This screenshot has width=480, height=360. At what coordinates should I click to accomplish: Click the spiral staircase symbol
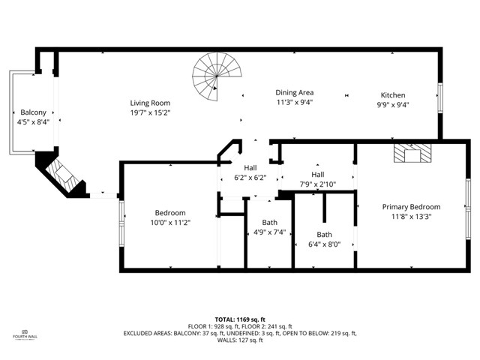[x=212, y=78]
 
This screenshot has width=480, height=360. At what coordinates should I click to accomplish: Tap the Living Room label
[x=150, y=103]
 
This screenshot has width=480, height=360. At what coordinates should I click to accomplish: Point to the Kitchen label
[x=392, y=95]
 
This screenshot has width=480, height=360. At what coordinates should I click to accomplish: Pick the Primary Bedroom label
[x=411, y=207]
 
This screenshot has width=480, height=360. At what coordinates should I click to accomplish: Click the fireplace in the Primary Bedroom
[x=413, y=154]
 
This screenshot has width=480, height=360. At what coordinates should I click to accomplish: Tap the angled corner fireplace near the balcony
[x=63, y=177]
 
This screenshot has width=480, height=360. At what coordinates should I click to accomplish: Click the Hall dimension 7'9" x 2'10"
[x=317, y=184]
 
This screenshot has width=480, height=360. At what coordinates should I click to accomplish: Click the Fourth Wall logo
[x=24, y=334]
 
